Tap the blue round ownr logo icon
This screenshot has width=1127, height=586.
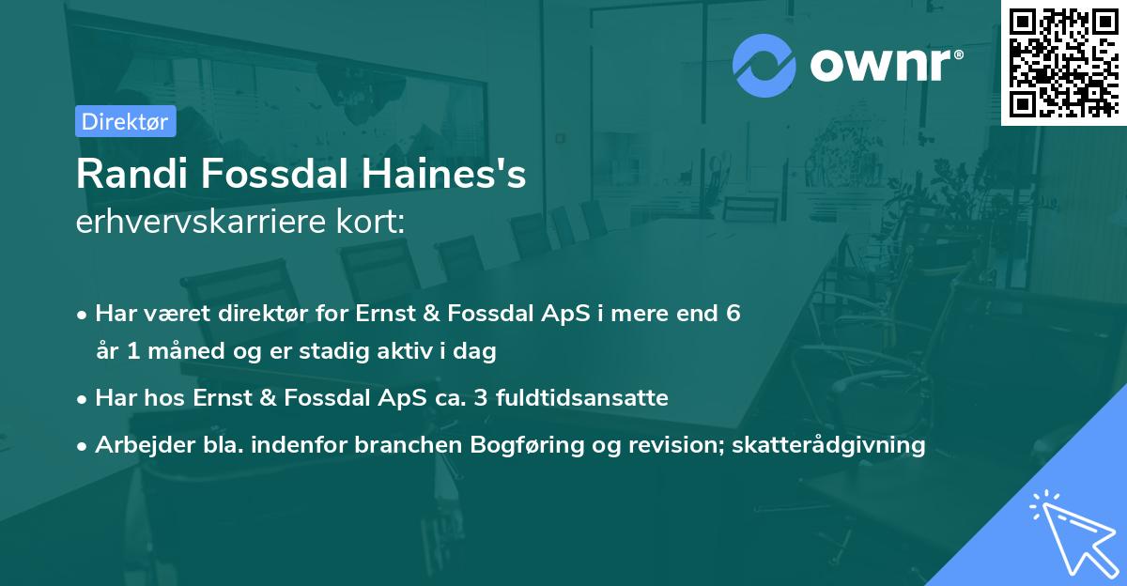[x=764, y=65]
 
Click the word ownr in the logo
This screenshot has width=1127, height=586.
[x=886, y=66]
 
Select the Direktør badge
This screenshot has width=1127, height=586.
[x=125, y=121]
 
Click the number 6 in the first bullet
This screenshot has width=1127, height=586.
[x=733, y=313]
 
